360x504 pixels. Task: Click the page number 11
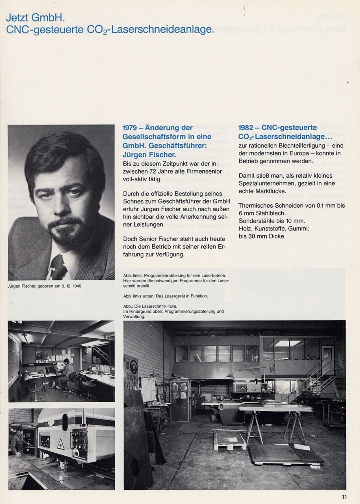(x=344, y=496)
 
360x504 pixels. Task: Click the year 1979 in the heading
(x=131, y=128)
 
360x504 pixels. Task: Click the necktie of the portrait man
(x=58, y=266)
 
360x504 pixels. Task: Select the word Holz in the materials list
(x=246, y=228)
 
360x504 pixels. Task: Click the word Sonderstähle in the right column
(x=258, y=221)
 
